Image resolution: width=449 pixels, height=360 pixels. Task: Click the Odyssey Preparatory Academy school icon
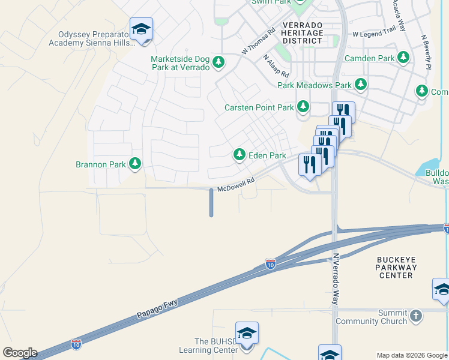(x=141, y=29)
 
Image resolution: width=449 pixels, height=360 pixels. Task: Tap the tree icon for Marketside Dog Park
(x=219, y=61)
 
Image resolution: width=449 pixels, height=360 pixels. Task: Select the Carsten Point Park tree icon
(x=303, y=107)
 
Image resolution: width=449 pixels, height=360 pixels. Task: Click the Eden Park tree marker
(x=240, y=155)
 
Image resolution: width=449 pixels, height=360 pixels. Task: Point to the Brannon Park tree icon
(x=135, y=164)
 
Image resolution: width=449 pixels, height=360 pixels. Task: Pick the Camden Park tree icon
(x=404, y=58)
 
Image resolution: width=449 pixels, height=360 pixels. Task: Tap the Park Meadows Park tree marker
(x=361, y=85)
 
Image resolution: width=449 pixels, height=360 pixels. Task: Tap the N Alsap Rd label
(x=276, y=66)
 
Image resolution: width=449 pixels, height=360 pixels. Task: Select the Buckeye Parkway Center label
(x=396, y=267)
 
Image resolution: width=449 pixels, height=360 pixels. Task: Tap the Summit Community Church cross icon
(x=417, y=315)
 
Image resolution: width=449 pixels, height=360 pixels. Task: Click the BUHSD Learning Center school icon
(x=247, y=333)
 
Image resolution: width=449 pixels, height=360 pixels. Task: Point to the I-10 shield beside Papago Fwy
(x=271, y=264)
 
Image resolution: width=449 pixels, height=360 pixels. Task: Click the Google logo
(x=20, y=353)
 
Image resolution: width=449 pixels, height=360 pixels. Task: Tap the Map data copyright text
(x=412, y=355)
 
